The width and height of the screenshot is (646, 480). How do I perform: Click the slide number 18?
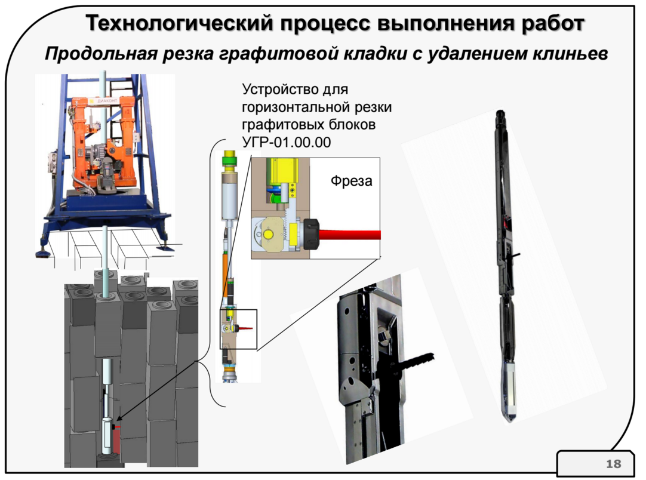tap(613, 464)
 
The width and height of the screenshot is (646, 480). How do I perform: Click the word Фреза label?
tap(351, 181)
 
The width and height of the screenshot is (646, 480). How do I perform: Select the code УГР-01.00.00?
tap(286, 142)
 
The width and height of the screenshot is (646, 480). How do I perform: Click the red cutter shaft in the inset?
tap(352, 233)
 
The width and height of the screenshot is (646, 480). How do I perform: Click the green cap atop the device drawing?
tap(228, 158)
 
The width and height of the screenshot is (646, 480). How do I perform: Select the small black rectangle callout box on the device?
tap(238, 329)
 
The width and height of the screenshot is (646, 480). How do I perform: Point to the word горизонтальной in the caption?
tap(316, 107)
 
